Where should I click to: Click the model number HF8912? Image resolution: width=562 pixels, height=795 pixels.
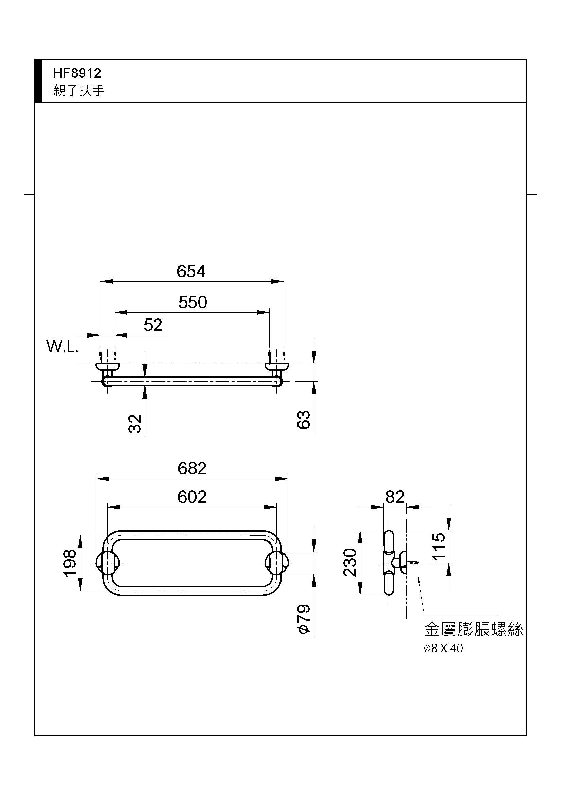point(77,73)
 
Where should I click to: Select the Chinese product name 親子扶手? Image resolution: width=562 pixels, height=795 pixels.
point(79,90)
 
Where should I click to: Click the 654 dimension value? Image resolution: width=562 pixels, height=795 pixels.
point(191,271)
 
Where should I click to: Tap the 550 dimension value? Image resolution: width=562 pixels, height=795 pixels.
point(192,302)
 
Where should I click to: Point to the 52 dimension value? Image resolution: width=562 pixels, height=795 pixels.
point(153,325)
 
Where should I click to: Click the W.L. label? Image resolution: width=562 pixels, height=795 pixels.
point(62,346)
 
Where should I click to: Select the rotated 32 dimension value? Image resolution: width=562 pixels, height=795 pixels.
point(135,424)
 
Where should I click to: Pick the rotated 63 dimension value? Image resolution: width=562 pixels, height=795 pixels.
point(304,420)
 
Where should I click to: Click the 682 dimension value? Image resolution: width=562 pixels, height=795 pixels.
point(192,469)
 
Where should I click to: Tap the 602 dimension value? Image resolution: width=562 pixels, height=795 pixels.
point(192,497)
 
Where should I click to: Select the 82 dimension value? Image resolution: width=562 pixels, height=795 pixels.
point(395,497)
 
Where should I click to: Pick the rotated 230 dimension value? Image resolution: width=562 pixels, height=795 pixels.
point(350,562)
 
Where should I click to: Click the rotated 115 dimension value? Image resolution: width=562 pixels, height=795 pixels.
point(439,547)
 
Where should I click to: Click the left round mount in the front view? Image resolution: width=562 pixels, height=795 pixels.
point(108,563)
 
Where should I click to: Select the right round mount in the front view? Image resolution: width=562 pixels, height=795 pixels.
point(276,563)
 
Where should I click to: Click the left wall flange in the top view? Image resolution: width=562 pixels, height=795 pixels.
point(108,366)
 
